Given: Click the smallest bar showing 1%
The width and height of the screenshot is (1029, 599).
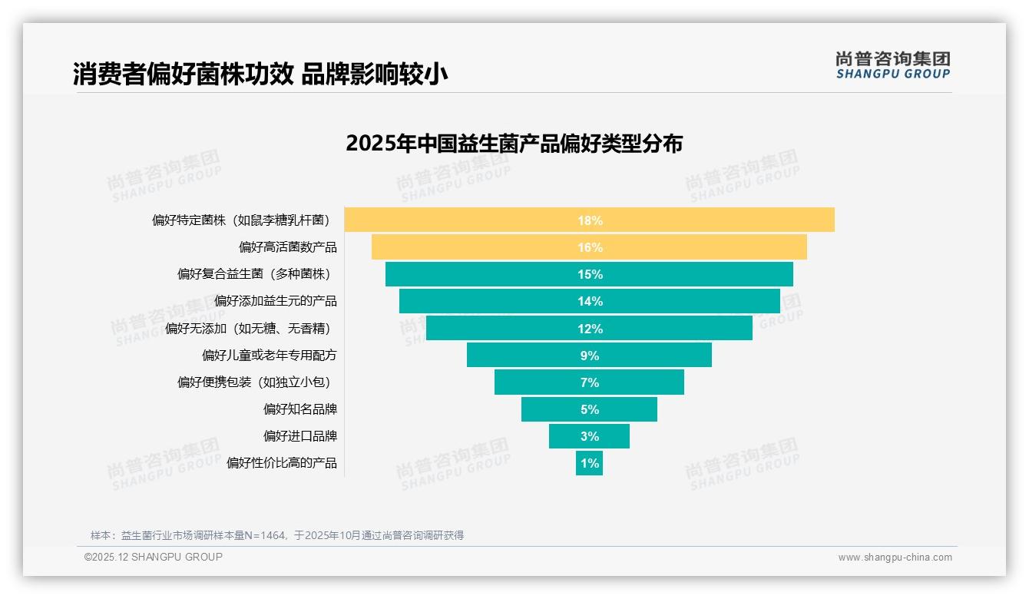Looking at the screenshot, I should point(589,463).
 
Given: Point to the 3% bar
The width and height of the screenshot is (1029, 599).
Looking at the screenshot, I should point(589,436).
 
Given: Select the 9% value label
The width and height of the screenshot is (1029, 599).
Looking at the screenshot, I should point(589,356).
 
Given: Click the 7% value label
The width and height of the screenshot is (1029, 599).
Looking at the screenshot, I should point(589,382).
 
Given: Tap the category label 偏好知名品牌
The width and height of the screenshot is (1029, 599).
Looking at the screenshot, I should point(299,409).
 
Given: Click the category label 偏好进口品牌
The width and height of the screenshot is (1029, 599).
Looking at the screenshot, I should point(299,436).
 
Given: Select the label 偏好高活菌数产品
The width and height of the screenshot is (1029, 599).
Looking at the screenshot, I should point(287,247).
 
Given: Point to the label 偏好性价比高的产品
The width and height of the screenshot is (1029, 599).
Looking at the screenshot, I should point(281,463).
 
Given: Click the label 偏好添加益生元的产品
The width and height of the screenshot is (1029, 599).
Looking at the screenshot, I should point(275,301).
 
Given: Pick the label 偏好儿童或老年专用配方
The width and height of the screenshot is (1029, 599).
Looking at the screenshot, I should point(269,356).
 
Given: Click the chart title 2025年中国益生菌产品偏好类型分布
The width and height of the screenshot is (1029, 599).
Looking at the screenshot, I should point(514,144).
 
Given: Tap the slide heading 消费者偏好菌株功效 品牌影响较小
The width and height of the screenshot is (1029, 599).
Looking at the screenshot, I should point(260,74).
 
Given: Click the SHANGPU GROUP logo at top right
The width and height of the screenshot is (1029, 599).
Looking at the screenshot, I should point(892,65).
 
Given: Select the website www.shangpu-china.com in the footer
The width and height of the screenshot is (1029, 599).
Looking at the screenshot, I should point(895,558).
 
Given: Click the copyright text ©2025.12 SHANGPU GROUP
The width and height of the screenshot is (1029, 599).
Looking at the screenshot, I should point(154,557).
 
